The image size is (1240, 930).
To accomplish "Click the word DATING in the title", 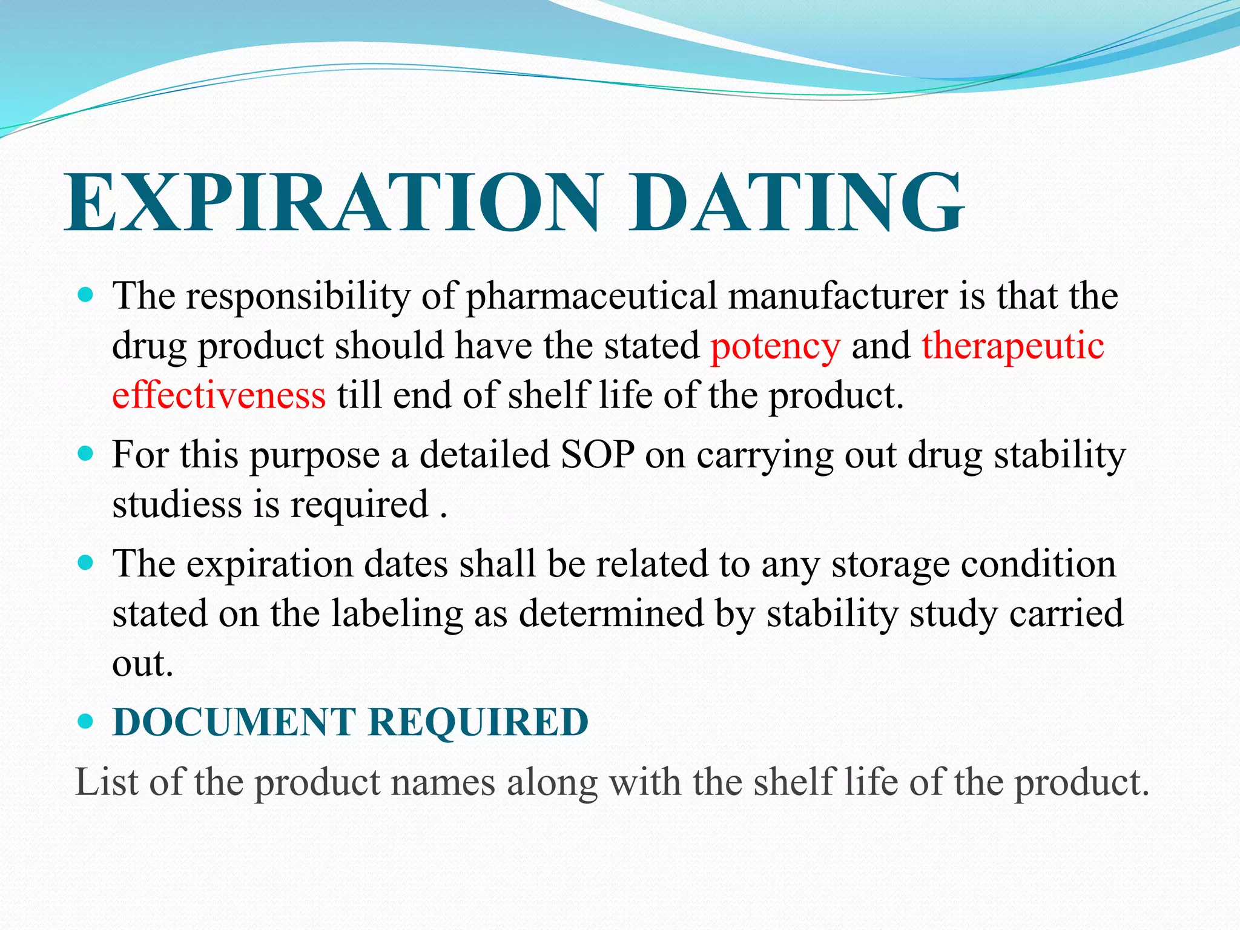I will point(796,203).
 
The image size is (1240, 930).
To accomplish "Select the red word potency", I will point(776,346).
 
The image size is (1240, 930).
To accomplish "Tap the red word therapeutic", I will point(1013,346).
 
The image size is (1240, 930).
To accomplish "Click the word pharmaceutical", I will point(591,297).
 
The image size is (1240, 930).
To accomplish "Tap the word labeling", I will point(397,613).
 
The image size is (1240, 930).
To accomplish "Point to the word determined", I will point(612,613).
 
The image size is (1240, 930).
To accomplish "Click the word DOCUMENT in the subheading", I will point(234,722).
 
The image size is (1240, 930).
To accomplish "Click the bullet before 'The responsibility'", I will point(86,296).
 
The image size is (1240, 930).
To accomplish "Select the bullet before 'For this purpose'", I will point(86,453).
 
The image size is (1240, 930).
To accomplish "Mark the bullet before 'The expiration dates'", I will point(86,564).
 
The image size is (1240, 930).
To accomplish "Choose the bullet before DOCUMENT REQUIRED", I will point(86,722).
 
